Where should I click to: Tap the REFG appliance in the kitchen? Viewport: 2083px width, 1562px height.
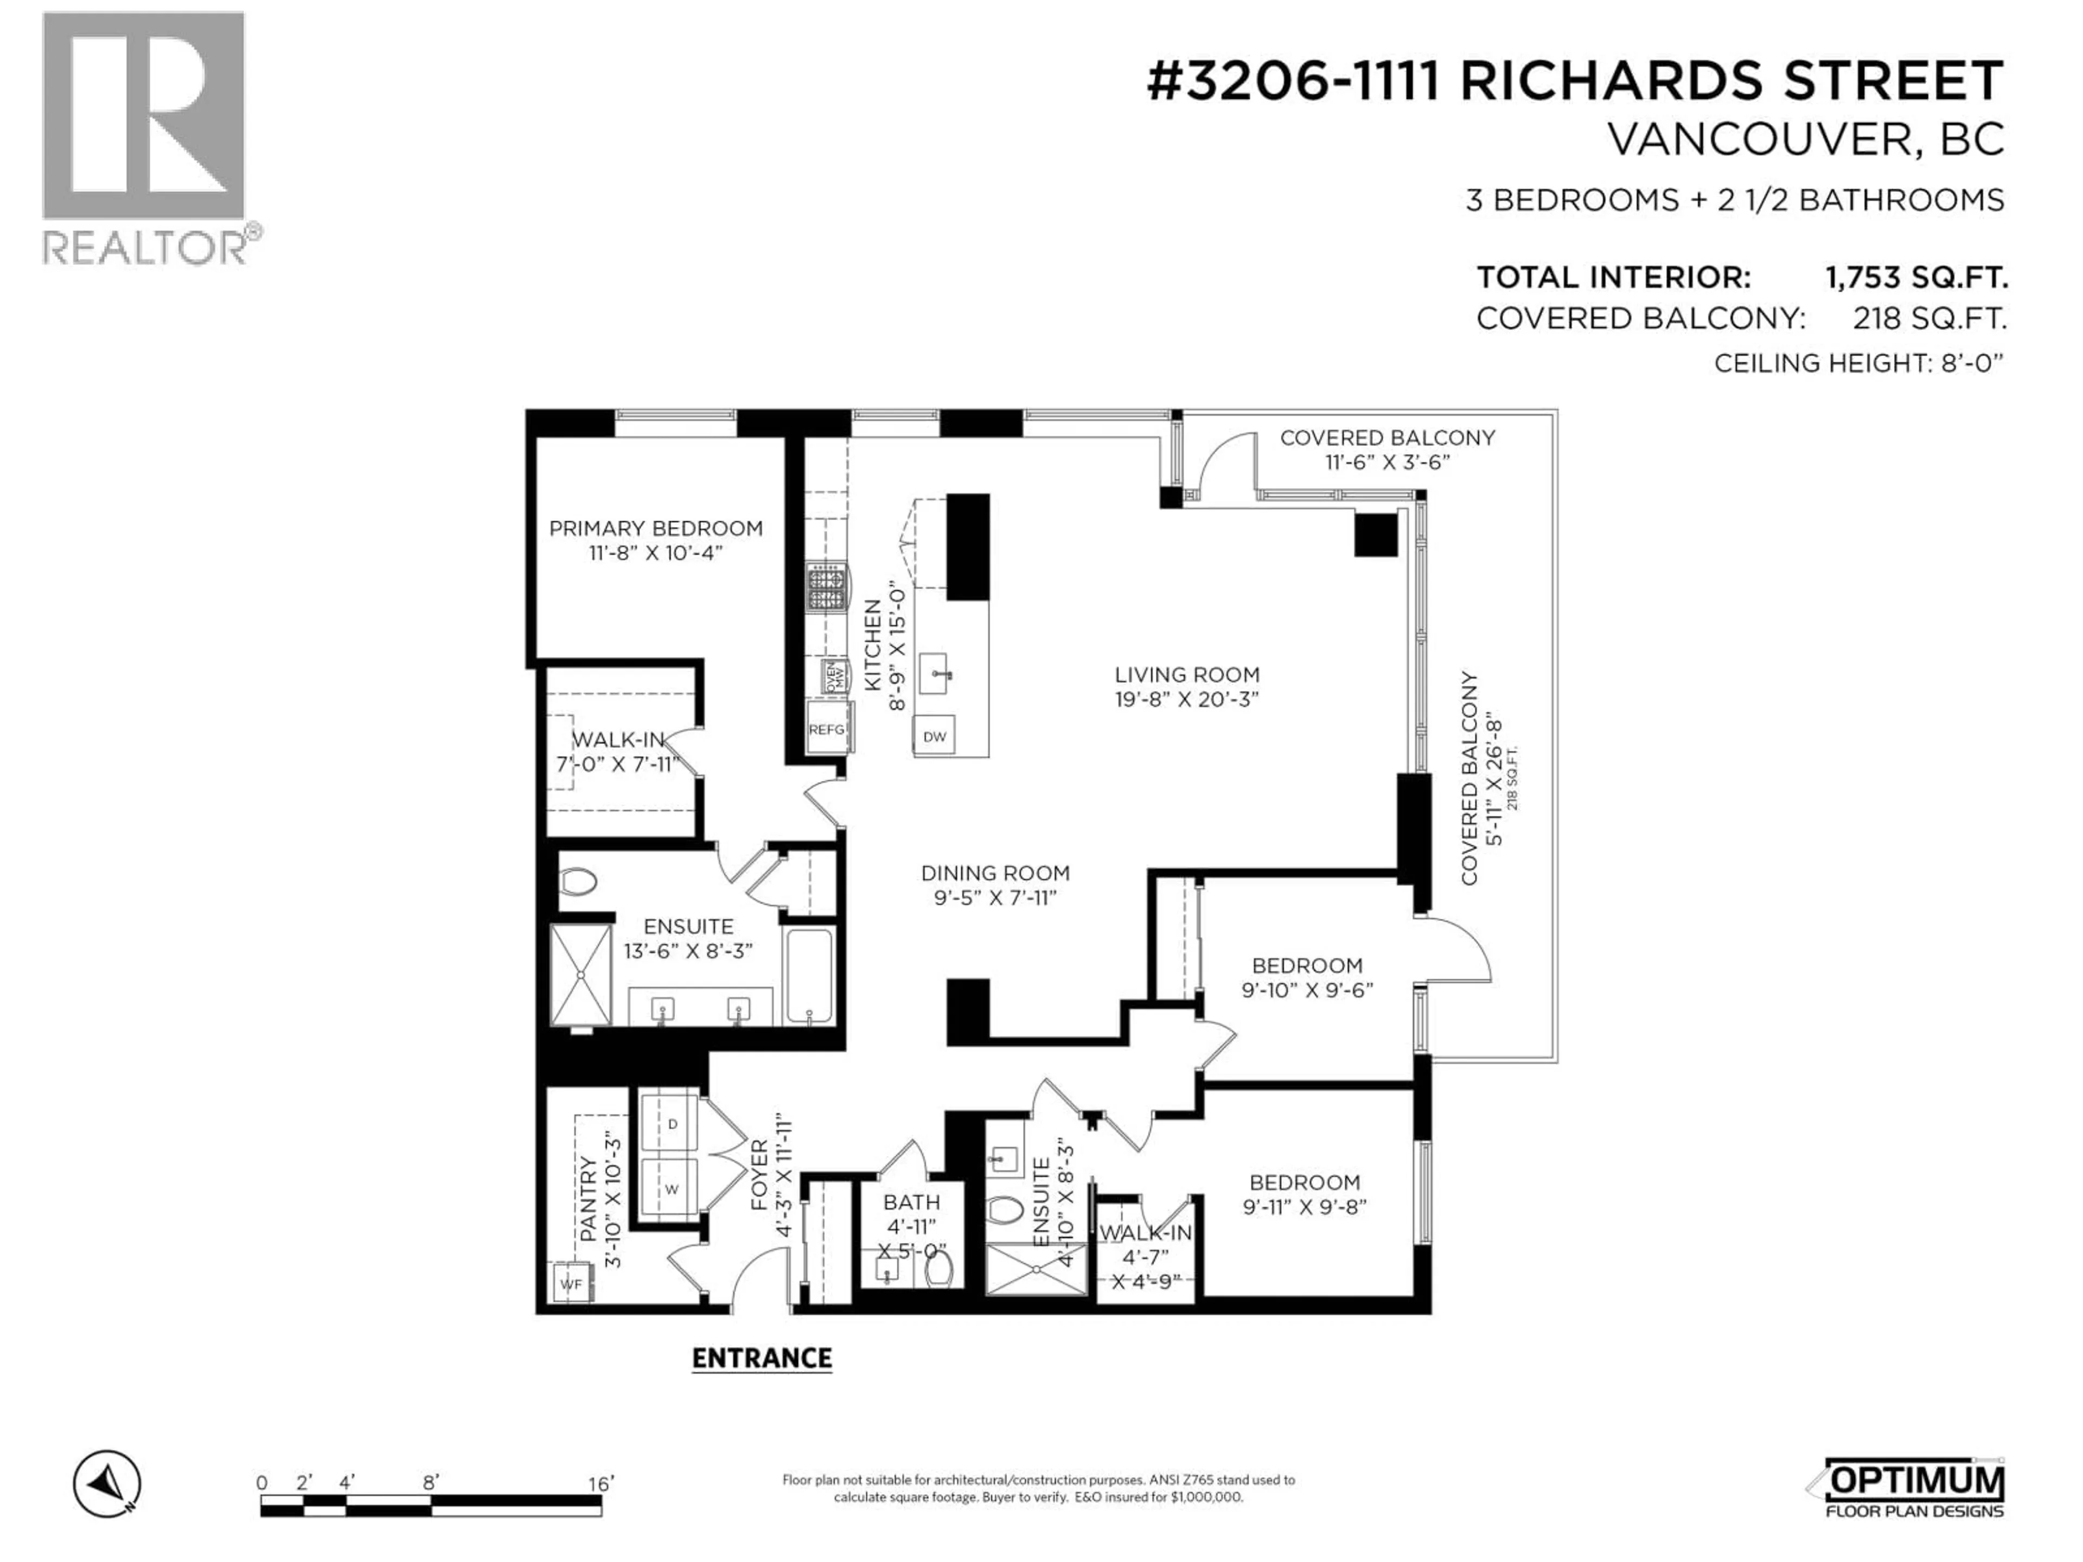pos(827,729)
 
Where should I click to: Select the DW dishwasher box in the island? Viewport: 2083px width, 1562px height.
pos(934,737)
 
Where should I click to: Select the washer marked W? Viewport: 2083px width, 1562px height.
pos(672,1189)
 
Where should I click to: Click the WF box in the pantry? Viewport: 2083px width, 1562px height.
pos(571,1284)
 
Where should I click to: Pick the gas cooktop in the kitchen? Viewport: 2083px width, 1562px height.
pos(827,587)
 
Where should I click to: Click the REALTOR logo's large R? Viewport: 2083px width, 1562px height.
pos(143,117)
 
